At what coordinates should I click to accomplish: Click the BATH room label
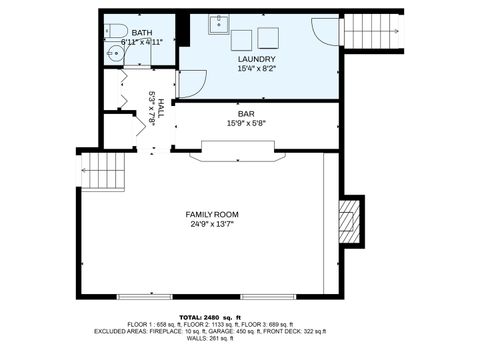pyautogui.click(x=114, y=33)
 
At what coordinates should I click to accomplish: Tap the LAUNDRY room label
pyautogui.click(x=257, y=59)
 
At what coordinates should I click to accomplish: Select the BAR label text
pyautogui.click(x=245, y=113)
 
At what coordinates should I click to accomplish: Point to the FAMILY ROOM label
pyautogui.click(x=213, y=215)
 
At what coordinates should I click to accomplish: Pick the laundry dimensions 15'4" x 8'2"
pyautogui.click(x=257, y=69)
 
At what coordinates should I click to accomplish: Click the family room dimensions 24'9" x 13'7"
pyautogui.click(x=213, y=225)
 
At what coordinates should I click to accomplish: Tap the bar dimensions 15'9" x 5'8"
pyautogui.click(x=245, y=123)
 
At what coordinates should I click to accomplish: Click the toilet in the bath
pyautogui.click(x=113, y=30)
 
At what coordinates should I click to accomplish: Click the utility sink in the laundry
pyautogui.click(x=219, y=25)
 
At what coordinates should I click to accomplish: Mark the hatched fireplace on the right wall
pyautogui.click(x=348, y=219)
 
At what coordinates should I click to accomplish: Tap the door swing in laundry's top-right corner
pyautogui.click(x=326, y=31)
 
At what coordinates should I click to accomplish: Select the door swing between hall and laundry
pyautogui.click(x=191, y=82)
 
